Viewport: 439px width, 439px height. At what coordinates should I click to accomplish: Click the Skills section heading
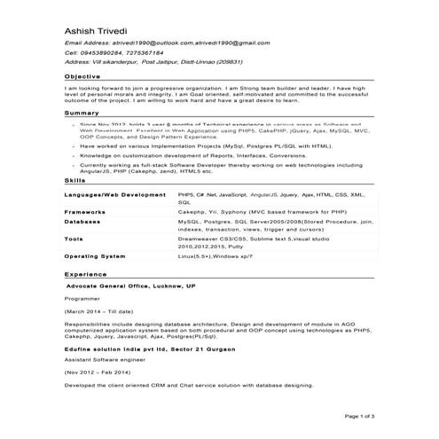74,180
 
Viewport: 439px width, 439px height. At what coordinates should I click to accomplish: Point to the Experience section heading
85,275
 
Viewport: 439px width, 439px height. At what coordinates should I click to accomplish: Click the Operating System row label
95,255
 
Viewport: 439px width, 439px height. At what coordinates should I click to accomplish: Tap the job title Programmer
82,300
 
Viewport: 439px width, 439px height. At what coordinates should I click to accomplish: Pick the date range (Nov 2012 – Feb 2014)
100,372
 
